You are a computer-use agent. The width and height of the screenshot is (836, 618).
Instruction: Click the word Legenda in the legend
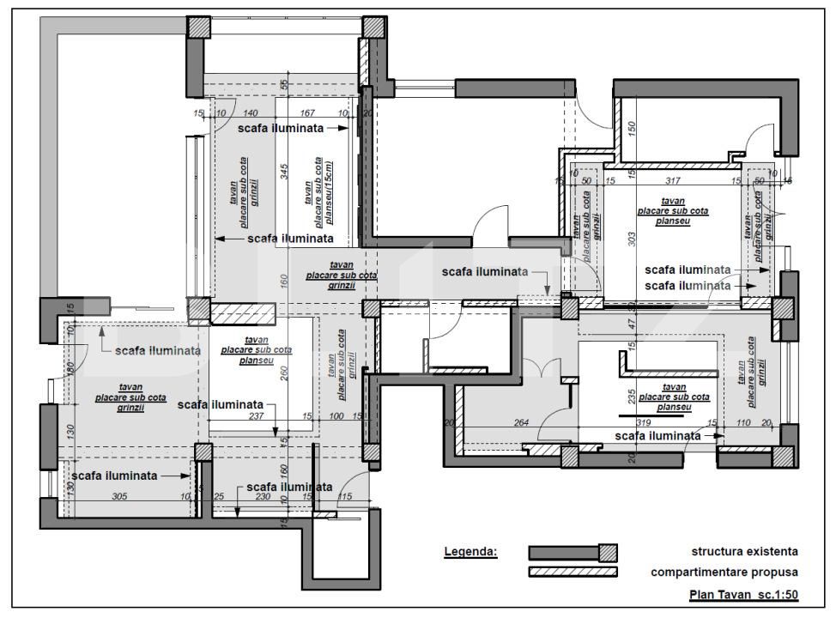(x=470, y=551)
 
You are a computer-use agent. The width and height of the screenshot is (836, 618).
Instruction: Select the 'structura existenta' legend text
(x=745, y=551)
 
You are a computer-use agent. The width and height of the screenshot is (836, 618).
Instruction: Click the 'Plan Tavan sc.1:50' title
(x=743, y=595)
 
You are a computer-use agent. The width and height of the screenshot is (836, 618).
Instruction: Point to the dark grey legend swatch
(x=562, y=551)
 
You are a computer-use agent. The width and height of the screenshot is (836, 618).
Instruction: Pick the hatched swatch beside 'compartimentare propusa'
(x=572, y=572)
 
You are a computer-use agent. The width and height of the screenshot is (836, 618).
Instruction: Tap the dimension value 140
(x=251, y=113)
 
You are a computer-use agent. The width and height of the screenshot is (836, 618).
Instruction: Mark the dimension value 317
(x=672, y=180)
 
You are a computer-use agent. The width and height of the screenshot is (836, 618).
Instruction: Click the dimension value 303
(x=631, y=239)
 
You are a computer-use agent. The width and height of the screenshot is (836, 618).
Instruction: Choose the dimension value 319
(x=652, y=422)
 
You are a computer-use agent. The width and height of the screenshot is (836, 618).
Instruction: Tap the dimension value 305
(x=120, y=496)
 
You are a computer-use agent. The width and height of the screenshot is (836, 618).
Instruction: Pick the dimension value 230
(x=263, y=496)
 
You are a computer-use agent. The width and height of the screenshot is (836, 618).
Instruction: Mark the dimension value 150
(x=631, y=129)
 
